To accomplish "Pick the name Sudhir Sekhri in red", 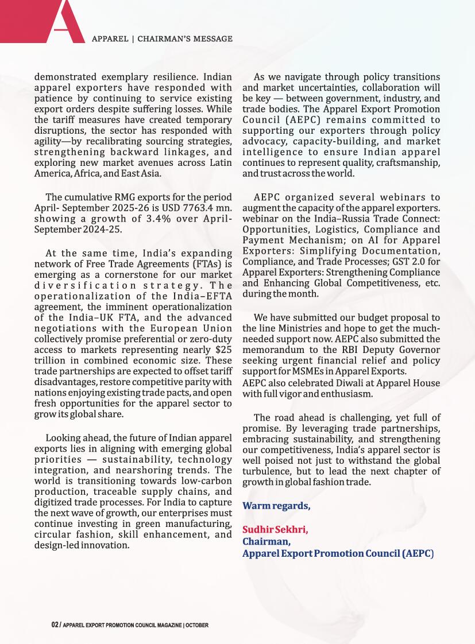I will pos(275,529).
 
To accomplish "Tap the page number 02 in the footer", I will pos(55,624).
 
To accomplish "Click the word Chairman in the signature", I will pos(266,541).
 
